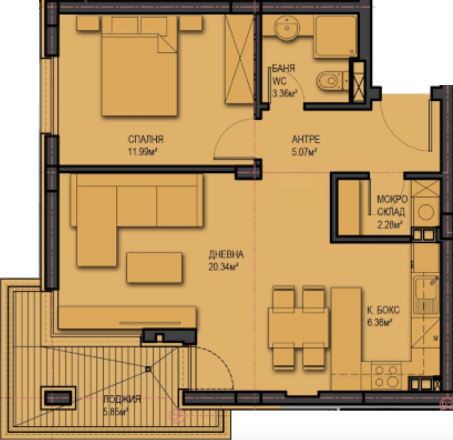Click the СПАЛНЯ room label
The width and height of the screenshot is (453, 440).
(145, 139)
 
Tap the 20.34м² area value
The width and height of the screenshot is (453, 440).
(223, 267)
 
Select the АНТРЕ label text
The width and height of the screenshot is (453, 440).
(306, 139)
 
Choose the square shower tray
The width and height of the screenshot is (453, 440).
(335, 36)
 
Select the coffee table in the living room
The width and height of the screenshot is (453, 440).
(154, 267)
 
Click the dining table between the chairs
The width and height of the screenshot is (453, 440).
(298, 328)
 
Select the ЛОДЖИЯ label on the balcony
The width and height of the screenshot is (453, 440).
(122, 400)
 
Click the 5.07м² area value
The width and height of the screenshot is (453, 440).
(304, 152)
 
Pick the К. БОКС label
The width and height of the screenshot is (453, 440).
(383, 310)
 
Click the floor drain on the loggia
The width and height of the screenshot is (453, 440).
(148, 369)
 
